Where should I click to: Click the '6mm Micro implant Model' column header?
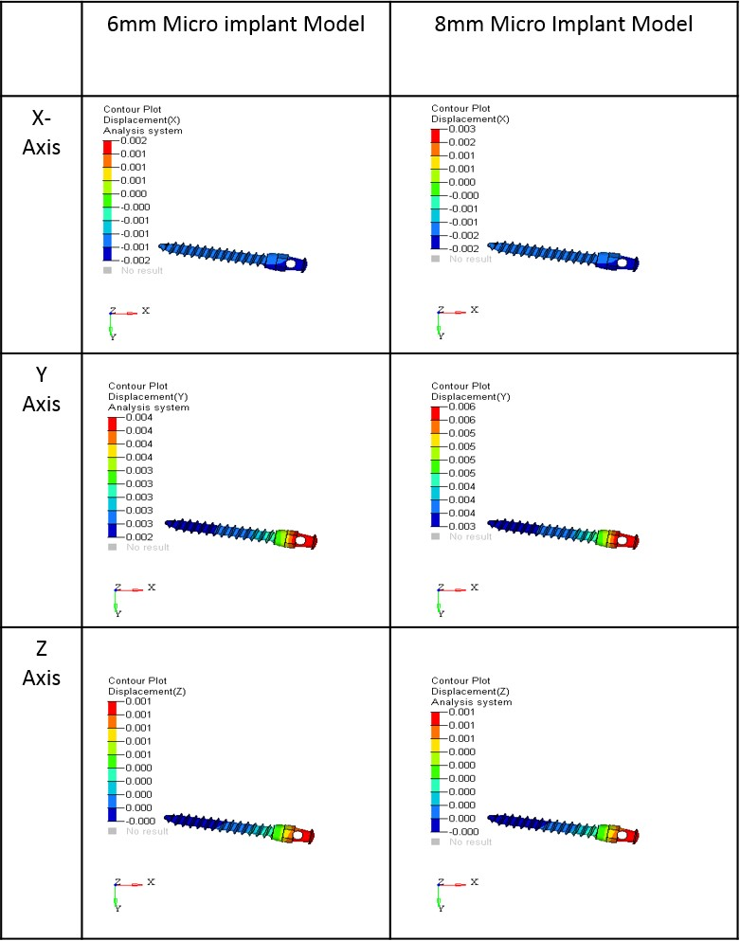235,25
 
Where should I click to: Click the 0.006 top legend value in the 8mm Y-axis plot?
461,407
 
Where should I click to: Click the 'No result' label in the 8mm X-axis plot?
470,259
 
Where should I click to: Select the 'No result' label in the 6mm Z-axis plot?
147,831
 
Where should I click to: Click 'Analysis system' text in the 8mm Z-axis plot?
471,702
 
